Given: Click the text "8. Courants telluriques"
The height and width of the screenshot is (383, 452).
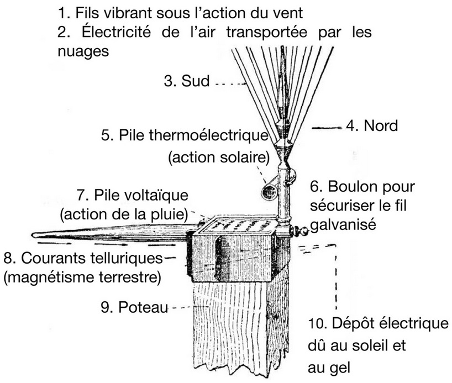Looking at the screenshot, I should coord(83,258).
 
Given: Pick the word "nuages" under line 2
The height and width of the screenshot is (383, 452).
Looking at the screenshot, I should coord(82,51).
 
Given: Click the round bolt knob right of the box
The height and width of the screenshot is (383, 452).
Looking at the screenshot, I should coord(301,231).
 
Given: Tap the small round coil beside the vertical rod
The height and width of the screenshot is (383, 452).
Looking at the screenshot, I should coord(270,192).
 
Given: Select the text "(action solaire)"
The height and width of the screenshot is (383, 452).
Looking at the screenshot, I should coord(218,157).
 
